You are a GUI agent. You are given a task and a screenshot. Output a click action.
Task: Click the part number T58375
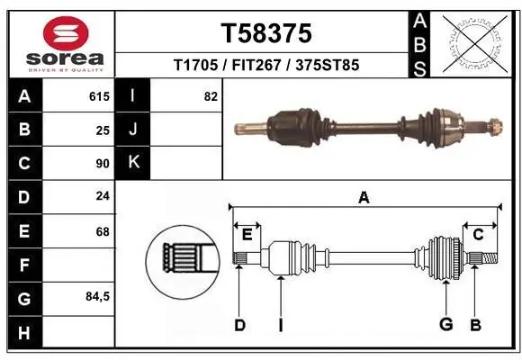(266, 33)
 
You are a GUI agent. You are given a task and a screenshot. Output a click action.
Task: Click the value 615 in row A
(99, 95)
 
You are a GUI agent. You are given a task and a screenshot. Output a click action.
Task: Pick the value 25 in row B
(103, 130)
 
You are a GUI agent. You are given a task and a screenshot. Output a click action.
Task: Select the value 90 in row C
(103, 164)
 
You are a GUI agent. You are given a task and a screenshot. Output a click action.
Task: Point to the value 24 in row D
(103, 197)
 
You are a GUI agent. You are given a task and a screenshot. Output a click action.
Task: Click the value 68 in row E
(103, 231)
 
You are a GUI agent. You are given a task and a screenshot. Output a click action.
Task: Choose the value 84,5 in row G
(97, 296)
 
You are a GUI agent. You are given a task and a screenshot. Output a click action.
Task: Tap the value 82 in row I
(211, 95)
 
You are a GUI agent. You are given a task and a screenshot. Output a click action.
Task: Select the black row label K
(133, 163)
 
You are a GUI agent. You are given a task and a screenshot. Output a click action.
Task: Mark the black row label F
(23, 265)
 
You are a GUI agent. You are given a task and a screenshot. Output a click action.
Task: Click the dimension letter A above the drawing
(364, 198)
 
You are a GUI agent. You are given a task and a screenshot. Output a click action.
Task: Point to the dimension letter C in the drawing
(479, 234)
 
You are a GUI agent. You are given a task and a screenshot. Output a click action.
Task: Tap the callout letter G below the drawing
(445, 325)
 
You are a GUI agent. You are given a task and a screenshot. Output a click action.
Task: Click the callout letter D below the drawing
(239, 325)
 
